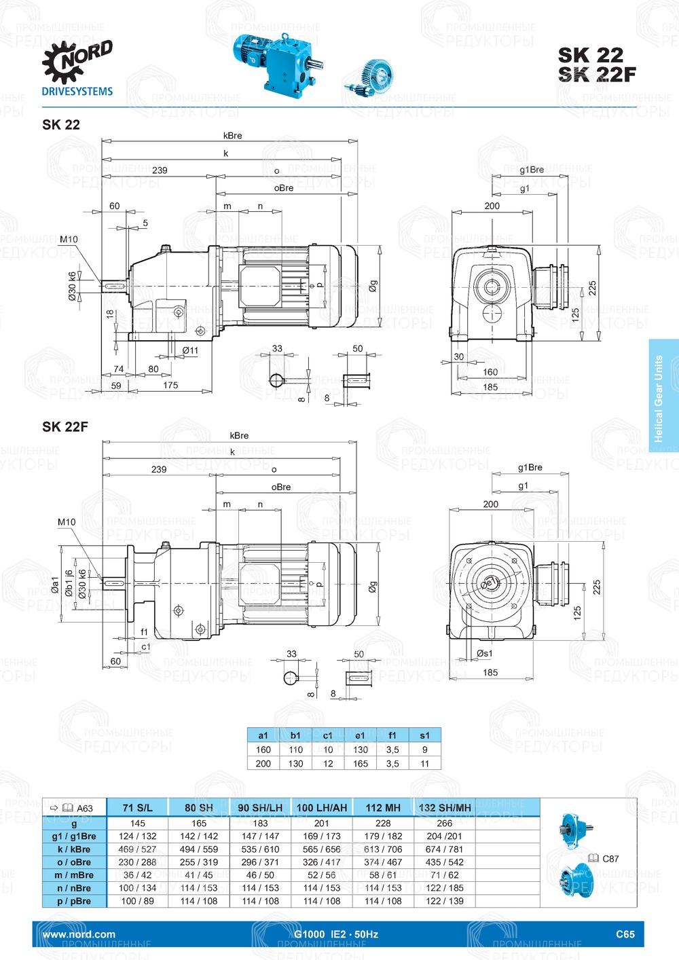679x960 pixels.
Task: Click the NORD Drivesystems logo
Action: (77, 69)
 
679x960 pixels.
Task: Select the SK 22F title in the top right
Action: (597, 75)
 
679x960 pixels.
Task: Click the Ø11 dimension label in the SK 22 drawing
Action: (190, 350)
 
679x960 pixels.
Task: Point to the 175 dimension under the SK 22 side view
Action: (170, 386)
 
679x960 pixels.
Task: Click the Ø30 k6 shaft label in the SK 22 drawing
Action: (72, 287)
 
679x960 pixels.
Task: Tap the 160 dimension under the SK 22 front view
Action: (490, 372)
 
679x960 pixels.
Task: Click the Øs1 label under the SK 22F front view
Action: (484, 654)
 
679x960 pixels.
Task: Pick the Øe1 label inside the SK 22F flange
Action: (490, 583)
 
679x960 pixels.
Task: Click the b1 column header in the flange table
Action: (295, 735)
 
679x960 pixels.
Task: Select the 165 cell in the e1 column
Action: (360, 764)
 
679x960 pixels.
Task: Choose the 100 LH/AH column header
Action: (322, 808)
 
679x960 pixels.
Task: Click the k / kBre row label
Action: (74, 849)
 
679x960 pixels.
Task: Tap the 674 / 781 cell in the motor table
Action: (444, 849)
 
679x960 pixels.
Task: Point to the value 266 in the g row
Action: (444, 824)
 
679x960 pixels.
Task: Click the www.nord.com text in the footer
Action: (79, 934)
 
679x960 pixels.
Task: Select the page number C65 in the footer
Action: (625, 934)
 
